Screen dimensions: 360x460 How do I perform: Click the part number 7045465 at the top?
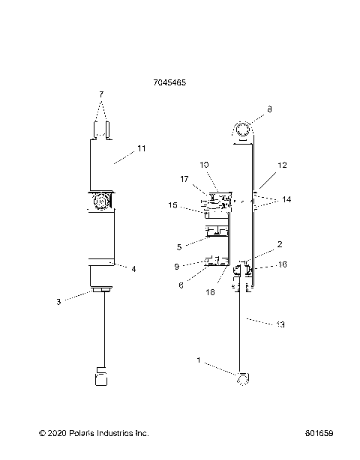coord(169,82)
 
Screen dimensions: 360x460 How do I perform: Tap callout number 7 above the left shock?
coord(101,94)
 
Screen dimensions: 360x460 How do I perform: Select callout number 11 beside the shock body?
coord(142,148)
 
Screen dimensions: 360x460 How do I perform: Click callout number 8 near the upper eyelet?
coord(269,109)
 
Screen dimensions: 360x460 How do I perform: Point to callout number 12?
coord(282,165)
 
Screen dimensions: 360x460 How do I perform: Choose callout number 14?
coord(286,199)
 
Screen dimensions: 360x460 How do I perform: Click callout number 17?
coord(184,179)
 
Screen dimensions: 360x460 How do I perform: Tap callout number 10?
coord(204,165)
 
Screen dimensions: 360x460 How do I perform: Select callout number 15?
coord(173,205)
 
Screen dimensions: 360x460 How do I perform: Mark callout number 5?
coord(179,247)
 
